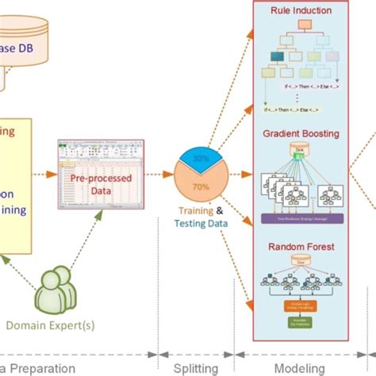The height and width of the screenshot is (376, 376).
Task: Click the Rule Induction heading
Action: [x=301, y=10]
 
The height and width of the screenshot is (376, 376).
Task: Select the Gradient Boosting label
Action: [x=301, y=136]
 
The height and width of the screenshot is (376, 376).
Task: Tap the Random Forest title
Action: [x=301, y=247]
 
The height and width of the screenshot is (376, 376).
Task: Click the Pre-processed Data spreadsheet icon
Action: [x=89, y=169]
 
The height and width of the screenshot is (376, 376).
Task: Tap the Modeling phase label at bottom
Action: [x=301, y=367]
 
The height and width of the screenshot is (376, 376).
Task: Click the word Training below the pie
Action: [x=195, y=211]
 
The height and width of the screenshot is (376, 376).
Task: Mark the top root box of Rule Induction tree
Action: [x=301, y=26]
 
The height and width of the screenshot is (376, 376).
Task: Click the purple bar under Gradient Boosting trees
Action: [x=301, y=217]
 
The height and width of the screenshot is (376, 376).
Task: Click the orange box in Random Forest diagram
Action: [x=301, y=305]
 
